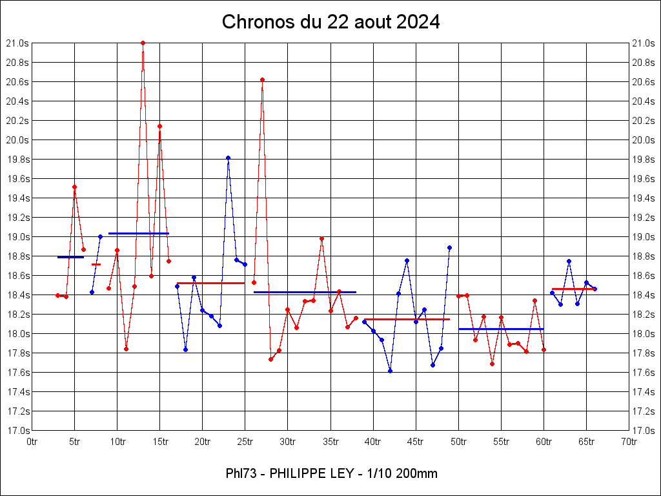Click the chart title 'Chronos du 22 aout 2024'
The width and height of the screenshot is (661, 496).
330,22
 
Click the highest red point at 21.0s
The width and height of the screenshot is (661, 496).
143,43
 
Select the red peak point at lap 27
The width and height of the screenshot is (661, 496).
262,79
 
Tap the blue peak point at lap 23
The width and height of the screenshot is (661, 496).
228,158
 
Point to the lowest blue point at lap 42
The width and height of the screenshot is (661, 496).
390,371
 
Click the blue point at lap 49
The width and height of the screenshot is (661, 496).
449,247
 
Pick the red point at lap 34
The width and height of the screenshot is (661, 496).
321,239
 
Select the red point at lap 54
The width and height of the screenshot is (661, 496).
492,364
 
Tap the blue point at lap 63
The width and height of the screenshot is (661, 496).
569,261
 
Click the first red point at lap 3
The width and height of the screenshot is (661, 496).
57,295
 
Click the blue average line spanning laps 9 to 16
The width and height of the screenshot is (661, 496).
139,233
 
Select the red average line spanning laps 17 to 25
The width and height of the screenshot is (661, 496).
210,283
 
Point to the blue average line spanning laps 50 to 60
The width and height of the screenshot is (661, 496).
501,329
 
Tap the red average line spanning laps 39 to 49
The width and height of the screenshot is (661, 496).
407,319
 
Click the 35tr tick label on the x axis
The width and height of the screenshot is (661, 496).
330,442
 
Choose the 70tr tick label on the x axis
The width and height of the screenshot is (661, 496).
629,442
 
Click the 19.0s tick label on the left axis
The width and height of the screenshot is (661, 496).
18,237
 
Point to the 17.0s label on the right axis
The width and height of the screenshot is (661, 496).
644,431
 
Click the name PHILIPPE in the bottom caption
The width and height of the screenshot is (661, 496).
300,473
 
